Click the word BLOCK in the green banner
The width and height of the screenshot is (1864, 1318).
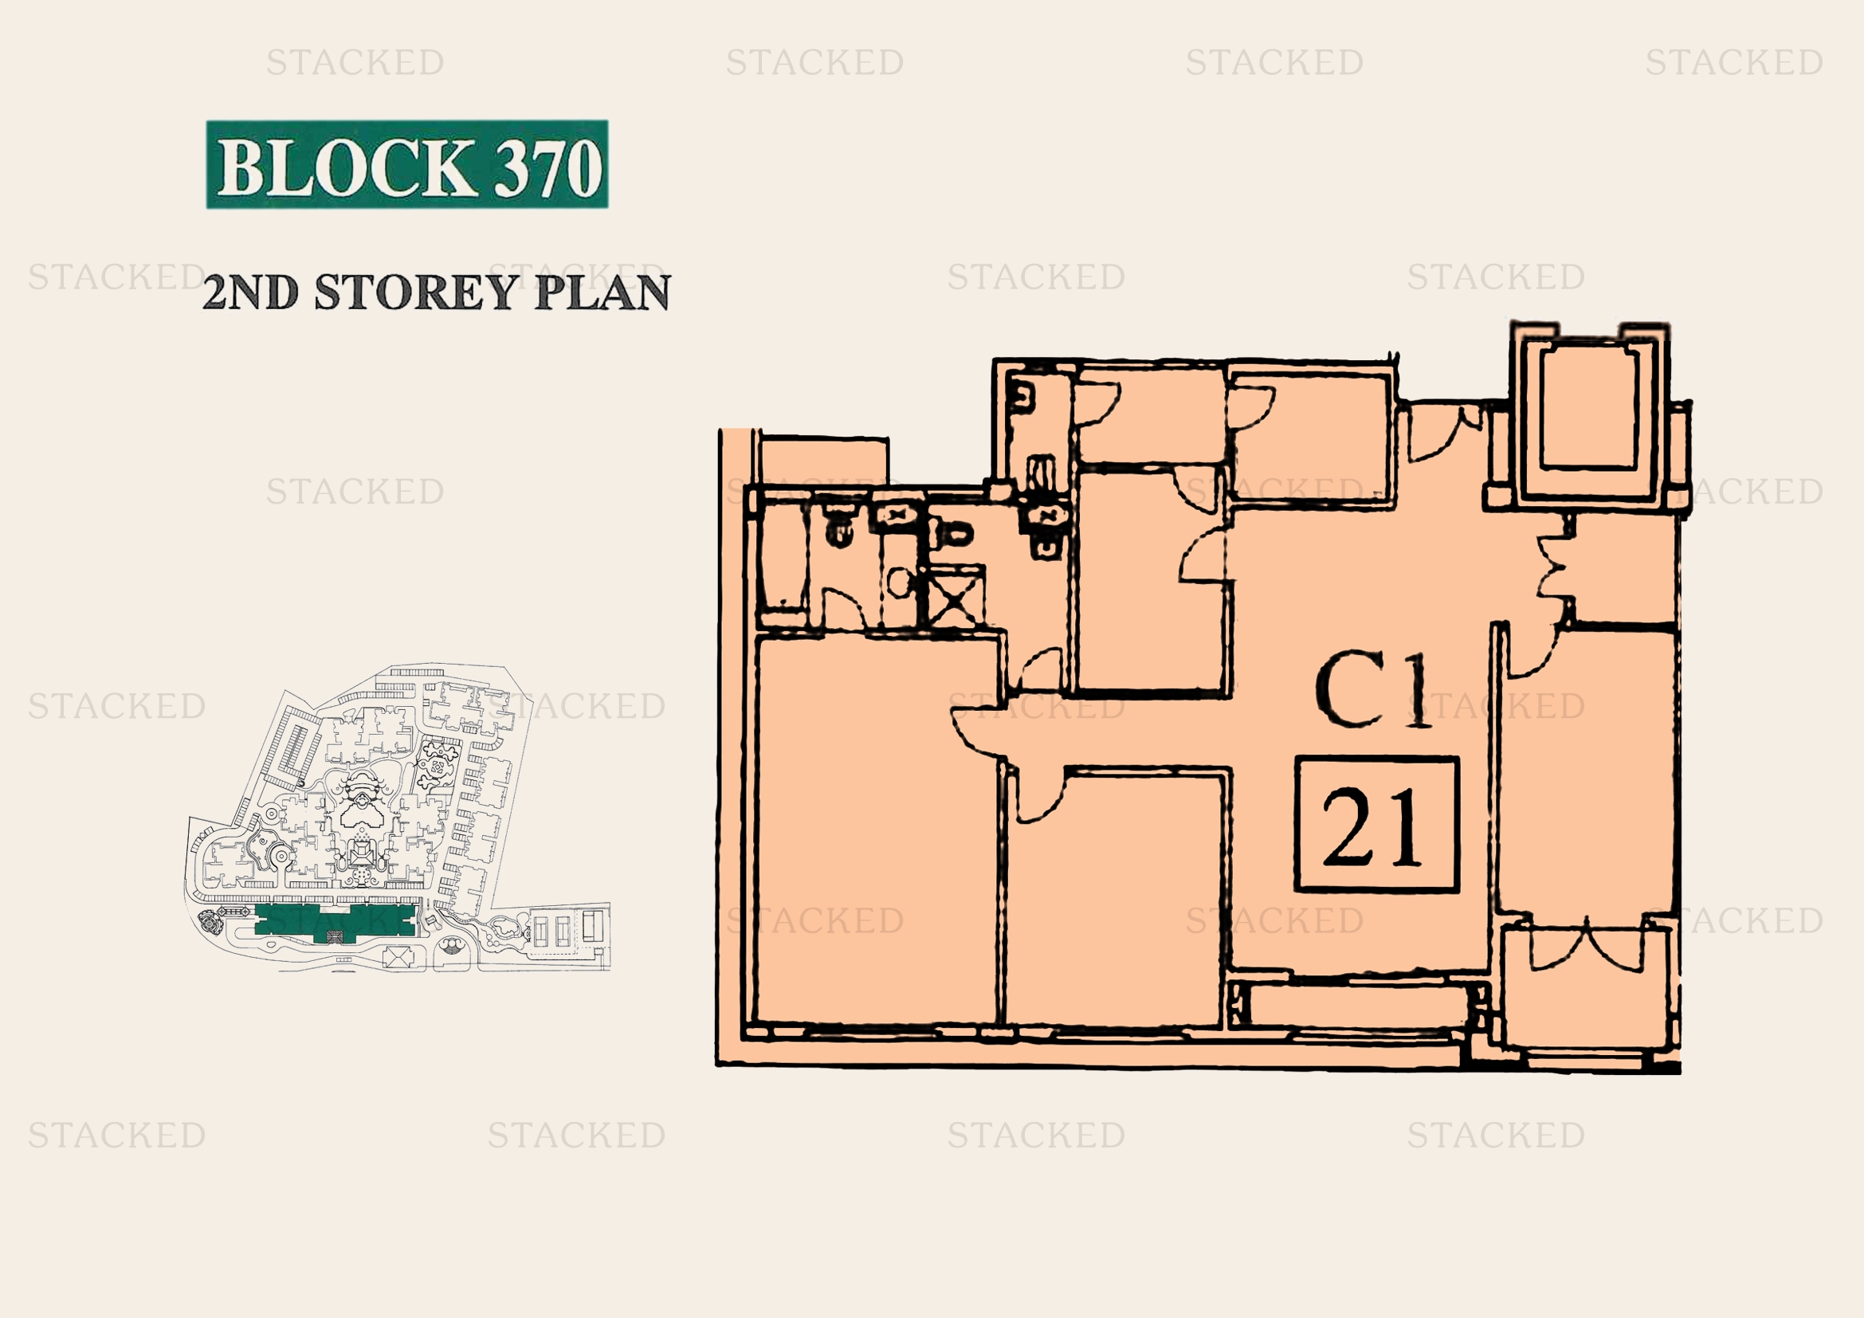[347, 167]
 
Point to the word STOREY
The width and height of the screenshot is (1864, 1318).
[415, 292]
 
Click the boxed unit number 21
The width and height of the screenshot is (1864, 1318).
[1376, 825]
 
